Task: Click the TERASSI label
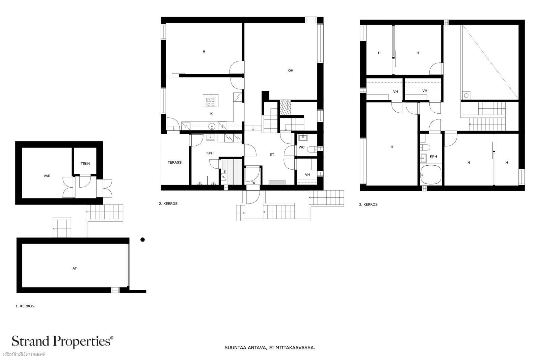point(175,162)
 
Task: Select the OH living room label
point(291,71)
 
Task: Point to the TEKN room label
point(85,164)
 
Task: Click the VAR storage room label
point(47,176)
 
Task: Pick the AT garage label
point(75,268)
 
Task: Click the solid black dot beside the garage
point(142,240)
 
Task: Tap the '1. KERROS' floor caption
point(25,306)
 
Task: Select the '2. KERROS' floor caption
point(168,203)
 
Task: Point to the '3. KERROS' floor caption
point(368,204)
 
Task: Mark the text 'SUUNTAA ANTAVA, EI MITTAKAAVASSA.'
point(270,348)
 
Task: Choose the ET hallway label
point(272,155)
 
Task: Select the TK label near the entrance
point(253,183)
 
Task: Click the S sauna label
point(224,172)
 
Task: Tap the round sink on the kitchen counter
point(212,126)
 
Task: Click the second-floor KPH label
point(210,153)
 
